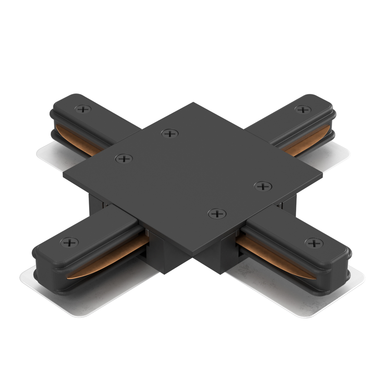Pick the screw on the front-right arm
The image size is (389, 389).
tap(314, 243)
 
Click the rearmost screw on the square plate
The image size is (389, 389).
tap(170, 134)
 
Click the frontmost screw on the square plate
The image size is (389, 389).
tap(217, 213)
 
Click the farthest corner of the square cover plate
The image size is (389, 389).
tap(193, 103)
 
